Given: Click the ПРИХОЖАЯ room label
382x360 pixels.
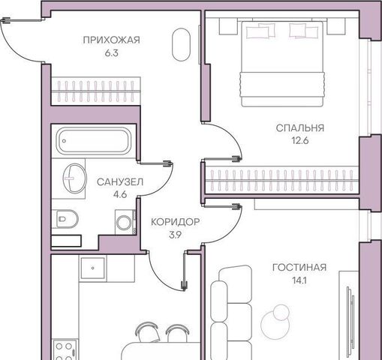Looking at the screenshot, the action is point(111,40).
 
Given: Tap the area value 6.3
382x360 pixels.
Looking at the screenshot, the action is point(111,53).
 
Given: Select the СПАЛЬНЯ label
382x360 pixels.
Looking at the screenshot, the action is point(300,128).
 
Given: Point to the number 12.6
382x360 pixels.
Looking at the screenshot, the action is point(300,140).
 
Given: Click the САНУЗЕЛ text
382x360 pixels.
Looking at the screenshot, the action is point(120,182).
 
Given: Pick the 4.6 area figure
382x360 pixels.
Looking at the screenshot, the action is point(120,194).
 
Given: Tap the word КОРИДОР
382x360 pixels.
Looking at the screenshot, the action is point(176,222).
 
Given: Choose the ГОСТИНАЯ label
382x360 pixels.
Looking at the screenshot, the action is point(299,268).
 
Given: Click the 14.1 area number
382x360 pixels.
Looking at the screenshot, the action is point(299,280).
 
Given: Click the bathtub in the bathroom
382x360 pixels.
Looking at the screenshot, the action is point(93,141).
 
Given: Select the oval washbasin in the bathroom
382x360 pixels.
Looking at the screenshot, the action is point(74,178).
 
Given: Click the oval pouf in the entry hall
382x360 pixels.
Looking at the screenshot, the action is point(181,44).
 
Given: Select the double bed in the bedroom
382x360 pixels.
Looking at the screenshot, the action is point(282,64).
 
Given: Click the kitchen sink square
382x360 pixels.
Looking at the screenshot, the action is point(93,268).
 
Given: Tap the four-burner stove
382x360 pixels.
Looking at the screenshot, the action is point(64,349).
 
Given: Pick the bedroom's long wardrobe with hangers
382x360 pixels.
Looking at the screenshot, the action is point(282,180).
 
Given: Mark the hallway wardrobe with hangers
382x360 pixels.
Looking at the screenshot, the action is point(95,91).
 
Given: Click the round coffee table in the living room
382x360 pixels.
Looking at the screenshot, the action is point(275,321).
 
